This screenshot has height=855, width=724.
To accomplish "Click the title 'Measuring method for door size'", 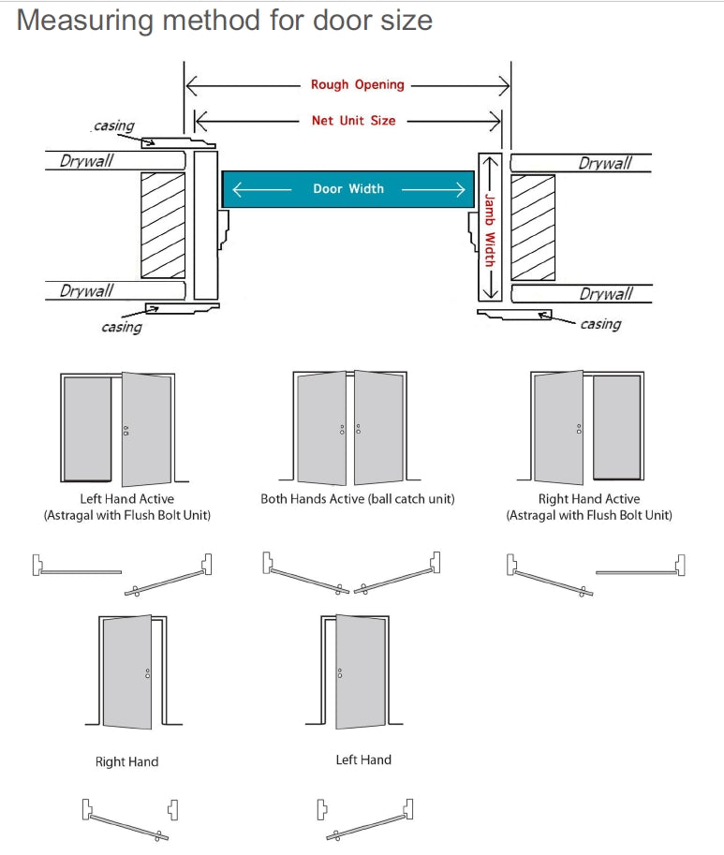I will pos(225,20).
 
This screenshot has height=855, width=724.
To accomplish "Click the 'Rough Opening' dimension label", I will pos(357,84).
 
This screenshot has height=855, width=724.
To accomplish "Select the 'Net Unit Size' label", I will pos(353,120).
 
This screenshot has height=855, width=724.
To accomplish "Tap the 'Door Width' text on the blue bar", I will pos(347,188).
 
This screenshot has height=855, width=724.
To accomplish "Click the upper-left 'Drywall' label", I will pos(86,160).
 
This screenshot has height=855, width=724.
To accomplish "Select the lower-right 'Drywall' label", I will pos(605,294).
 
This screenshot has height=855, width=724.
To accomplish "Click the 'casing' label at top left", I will pos(114,125).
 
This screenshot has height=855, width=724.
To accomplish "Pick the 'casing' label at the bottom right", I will pos(600,324).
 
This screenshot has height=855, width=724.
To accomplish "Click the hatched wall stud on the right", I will pos(533,227).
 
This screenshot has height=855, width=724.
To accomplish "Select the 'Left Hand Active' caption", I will pos(126,499).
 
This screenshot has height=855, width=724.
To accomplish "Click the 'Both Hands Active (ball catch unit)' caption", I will pos(357,499).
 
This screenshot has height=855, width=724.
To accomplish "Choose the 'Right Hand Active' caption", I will pos(589,499).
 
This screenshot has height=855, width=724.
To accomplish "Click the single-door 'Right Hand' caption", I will pos(126,761).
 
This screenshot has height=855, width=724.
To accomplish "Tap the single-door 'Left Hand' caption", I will pos(363,759).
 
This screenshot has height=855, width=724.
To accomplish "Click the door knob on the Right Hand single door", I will pos(147,673).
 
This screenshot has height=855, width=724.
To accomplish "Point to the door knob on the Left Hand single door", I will pos(339,672).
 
